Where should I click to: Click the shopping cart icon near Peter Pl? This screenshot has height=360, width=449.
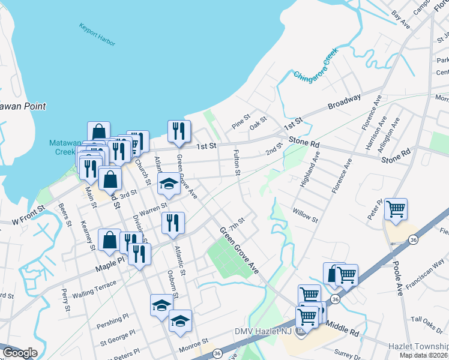coord(396,209)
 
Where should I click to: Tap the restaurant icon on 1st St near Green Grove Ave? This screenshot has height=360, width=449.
coord(178,131)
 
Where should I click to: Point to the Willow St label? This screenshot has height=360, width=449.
coord(305,216)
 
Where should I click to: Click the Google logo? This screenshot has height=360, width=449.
coord(20,353)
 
